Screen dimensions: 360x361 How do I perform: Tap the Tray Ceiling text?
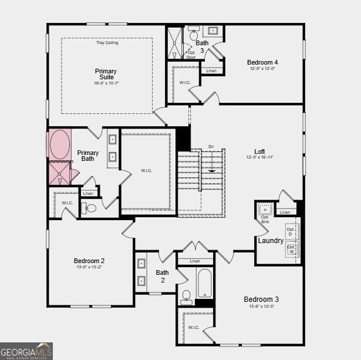click(x=107, y=43)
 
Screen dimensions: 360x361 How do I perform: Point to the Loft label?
click(x=259, y=152)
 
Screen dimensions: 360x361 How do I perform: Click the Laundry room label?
click(x=271, y=241)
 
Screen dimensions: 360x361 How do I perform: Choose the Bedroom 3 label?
click(x=261, y=300)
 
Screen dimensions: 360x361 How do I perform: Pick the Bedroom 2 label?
click(x=89, y=261)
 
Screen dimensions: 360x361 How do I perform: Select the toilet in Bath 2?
click(x=186, y=295)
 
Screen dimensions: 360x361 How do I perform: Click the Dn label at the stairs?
click(x=211, y=147)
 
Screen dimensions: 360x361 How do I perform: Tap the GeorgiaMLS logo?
click(x=26, y=351)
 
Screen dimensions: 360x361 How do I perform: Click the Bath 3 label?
click(x=202, y=46)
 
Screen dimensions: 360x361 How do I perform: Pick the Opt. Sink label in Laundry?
click(x=265, y=219)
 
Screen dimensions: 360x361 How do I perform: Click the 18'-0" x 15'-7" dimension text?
click(x=106, y=83)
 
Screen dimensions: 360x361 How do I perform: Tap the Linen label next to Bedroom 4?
click(x=211, y=71)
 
